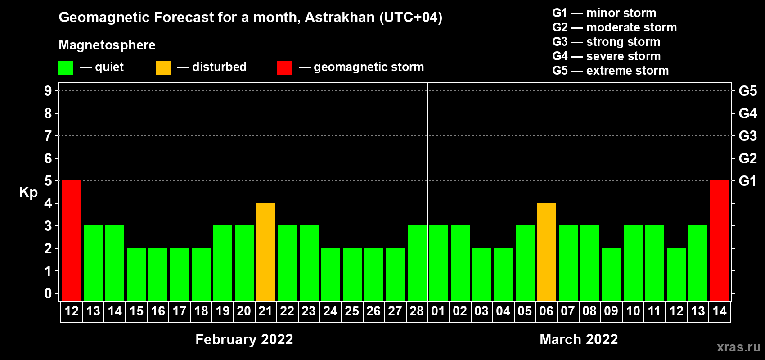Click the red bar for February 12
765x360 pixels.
(x=72, y=240)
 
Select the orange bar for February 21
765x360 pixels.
(x=266, y=252)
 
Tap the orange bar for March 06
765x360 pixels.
(x=547, y=252)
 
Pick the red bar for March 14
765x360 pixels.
(x=720, y=240)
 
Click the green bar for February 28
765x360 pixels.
(x=417, y=263)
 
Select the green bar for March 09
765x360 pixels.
(x=612, y=274)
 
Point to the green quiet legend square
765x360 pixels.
(x=66, y=67)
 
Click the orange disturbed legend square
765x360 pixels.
(x=163, y=67)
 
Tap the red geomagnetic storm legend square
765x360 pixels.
(x=284, y=67)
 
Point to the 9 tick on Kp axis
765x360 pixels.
(x=48, y=91)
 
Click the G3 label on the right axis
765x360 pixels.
(x=747, y=136)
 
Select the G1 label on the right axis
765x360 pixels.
(x=747, y=181)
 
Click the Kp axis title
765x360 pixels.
(x=28, y=193)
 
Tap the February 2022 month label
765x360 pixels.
(x=244, y=339)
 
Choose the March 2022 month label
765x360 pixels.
(x=579, y=339)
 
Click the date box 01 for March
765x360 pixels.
(x=438, y=311)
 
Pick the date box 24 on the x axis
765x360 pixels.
(x=331, y=311)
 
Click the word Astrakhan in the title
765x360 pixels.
(x=339, y=17)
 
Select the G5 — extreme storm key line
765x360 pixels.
(x=610, y=71)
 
